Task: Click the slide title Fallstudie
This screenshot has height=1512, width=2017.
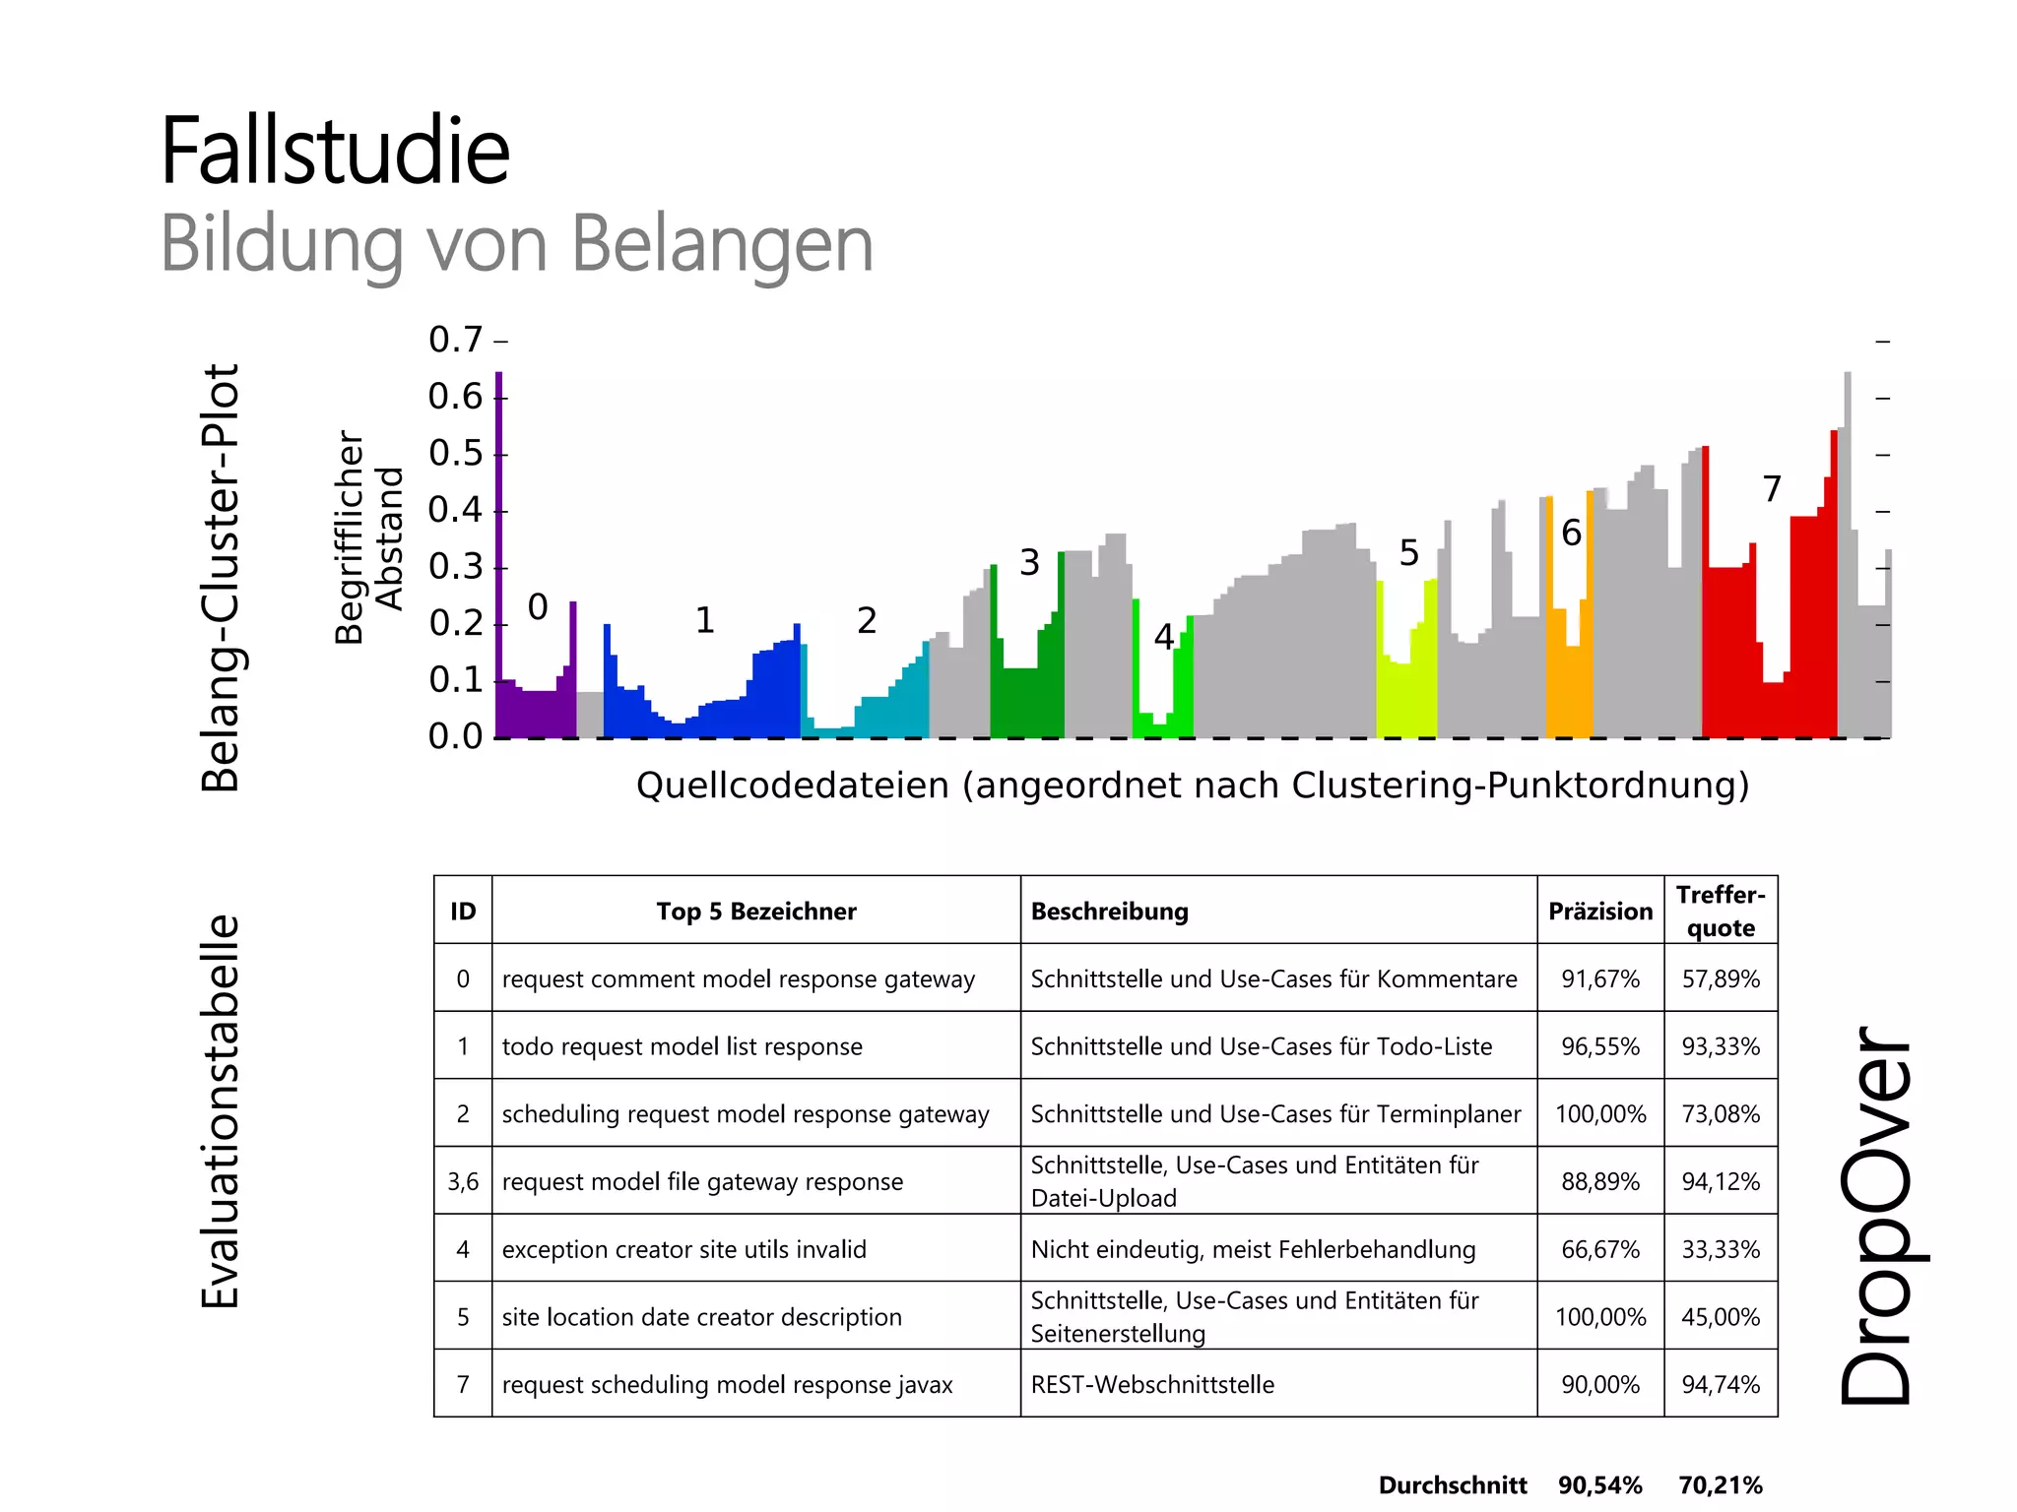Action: (335, 152)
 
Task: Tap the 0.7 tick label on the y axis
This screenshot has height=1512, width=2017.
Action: (455, 340)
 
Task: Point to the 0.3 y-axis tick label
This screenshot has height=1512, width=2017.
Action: (455, 567)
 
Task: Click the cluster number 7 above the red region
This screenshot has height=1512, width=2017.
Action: (1772, 489)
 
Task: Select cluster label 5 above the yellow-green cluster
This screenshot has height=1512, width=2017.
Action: (1409, 553)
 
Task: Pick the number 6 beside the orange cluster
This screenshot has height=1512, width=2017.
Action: (1571, 534)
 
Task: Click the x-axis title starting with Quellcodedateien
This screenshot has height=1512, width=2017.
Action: (1192, 786)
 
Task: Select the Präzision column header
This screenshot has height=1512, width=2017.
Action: (1600, 912)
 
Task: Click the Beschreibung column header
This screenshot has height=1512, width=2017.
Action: (1109, 912)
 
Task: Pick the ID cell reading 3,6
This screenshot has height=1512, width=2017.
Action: (463, 1181)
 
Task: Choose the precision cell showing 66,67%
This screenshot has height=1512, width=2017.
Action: (1600, 1249)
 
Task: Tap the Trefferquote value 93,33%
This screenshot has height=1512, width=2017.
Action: (1721, 1046)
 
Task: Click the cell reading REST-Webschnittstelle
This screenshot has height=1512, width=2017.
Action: (1152, 1385)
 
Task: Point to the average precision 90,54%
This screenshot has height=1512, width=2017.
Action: (1600, 1484)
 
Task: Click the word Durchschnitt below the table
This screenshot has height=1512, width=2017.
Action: (1453, 1484)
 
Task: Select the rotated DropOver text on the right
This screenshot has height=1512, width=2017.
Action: (1876, 1216)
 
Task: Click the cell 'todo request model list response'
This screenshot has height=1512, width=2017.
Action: (682, 1046)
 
